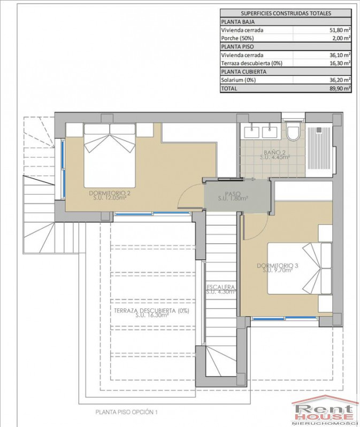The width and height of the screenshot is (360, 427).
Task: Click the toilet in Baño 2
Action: coord(293,131)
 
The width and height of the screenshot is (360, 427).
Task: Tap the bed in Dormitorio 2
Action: coord(110,156)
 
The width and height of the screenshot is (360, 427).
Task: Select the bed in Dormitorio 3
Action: coord(300,268)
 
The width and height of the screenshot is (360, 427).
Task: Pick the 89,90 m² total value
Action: coord(340,89)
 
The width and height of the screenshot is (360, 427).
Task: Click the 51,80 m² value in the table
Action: coord(340,30)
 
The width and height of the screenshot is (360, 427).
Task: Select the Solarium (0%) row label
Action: coord(239,80)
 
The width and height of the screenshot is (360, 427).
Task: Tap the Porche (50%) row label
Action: coord(238,38)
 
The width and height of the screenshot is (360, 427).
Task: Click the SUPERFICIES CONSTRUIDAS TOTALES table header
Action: coord(286,13)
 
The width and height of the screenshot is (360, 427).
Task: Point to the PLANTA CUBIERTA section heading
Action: coord(243,72)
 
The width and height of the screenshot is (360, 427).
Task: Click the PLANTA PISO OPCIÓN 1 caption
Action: coord(126,412)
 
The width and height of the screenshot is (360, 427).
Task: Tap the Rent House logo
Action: coord(325,410)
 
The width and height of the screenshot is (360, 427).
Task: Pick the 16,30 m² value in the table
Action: coord(340,64)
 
